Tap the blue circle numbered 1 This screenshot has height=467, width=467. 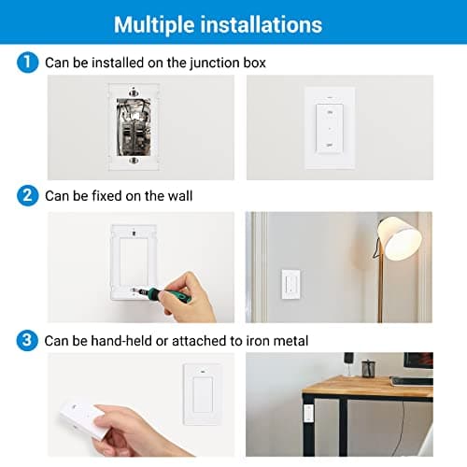tap(28, 63)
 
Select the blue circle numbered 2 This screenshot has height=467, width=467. tap(28, 197)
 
